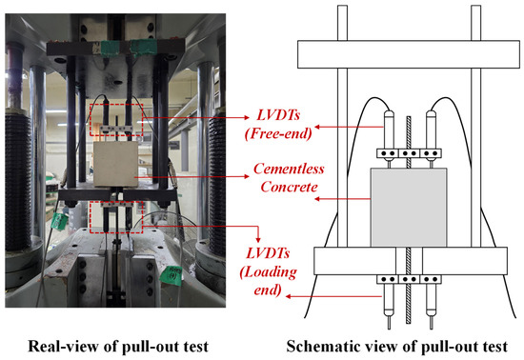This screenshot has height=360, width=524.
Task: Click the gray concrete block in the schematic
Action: [409, 208]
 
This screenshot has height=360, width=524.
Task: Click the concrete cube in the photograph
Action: [115, 164]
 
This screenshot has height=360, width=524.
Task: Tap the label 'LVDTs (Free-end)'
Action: [278, 124]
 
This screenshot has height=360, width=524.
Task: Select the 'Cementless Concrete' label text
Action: [289, 178]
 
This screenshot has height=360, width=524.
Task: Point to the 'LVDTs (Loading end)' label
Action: [268, 271]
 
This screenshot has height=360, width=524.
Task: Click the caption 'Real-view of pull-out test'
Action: [118, 347]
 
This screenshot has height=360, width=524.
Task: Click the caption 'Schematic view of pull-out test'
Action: [397, 347]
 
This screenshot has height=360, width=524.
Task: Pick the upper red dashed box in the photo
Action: [116, 120]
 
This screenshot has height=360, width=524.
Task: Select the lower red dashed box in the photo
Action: [116, 217]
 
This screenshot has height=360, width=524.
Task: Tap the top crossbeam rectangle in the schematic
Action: [409, 54]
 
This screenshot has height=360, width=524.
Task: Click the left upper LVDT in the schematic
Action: [389, 139]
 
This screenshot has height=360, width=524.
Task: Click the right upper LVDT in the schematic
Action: [431, 139]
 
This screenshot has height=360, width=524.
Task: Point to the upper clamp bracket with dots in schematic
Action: [409, 153]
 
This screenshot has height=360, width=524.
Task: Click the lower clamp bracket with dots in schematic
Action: [409, 279]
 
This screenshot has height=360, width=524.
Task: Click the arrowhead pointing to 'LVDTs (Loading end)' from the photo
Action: [257, 239]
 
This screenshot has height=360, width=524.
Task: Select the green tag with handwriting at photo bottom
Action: [171, 275]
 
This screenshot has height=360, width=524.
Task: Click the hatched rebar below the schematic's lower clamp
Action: [409, 304]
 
